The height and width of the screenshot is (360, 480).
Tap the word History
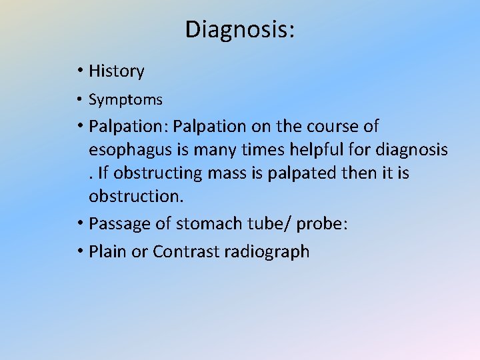(116, 71)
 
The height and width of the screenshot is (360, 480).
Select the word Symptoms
(125, 100)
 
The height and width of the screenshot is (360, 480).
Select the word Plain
(107, 251)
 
